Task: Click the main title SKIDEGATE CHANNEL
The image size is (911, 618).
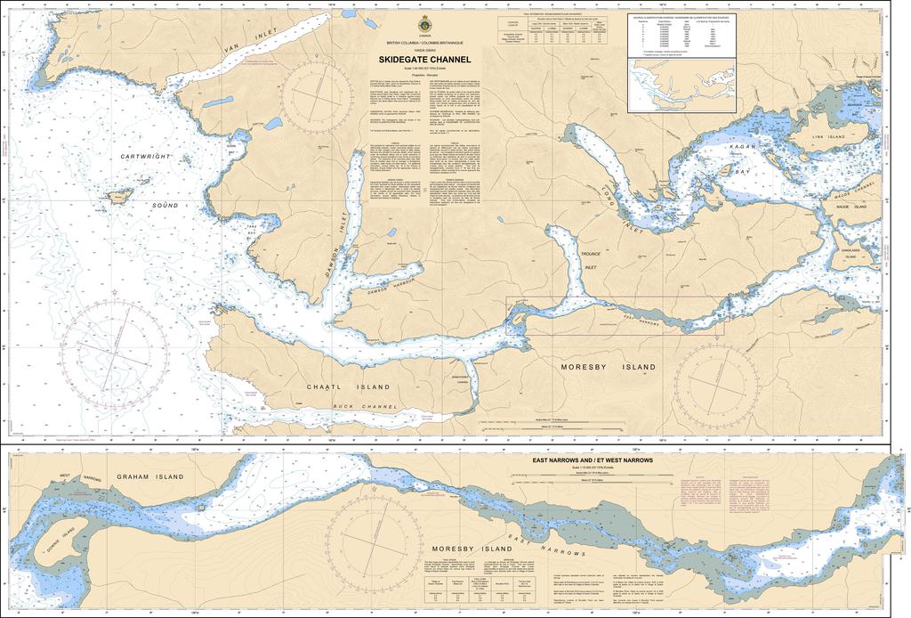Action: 424,60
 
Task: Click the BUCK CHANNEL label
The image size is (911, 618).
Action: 365,407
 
